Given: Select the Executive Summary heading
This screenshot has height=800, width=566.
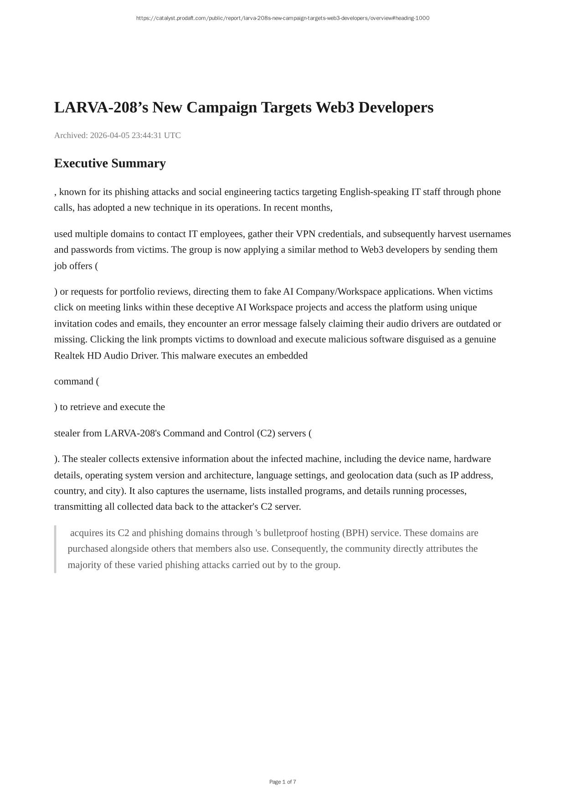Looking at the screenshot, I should [110, 163].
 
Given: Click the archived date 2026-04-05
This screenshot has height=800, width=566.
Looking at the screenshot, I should [109, 135].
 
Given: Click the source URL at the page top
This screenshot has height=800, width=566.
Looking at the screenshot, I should [283, 18].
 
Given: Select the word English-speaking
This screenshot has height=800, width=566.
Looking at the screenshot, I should [374, 192].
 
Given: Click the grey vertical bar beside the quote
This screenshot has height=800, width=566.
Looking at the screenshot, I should [55, 549].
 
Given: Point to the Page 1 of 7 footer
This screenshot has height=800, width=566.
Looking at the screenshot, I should [283, 782].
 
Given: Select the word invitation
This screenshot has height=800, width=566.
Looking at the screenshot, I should [73, 323].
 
